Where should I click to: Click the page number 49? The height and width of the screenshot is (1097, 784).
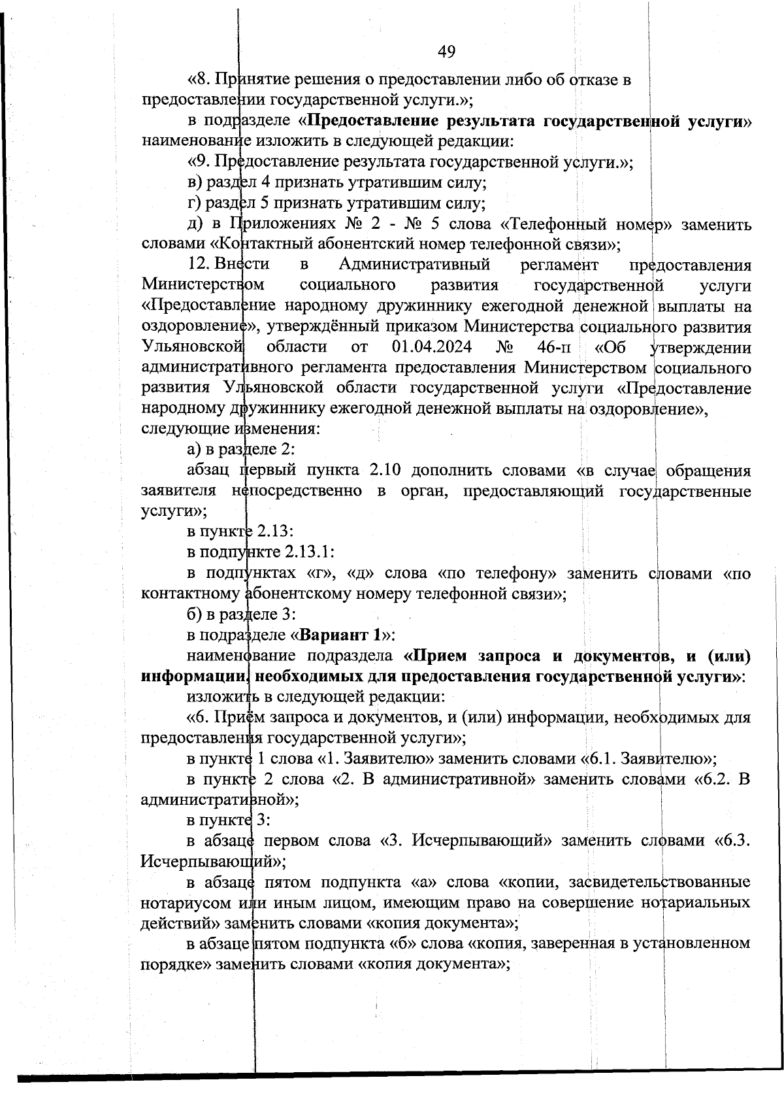tap(447, 52)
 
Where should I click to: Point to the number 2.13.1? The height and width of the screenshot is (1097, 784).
tap(310, 551)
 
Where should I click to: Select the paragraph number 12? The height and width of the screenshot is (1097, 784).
tap(197, 265)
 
